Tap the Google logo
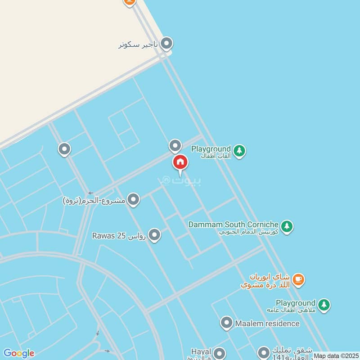(18, 353)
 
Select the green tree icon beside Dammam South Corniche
(287, 226)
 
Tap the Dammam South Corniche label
(234, 224)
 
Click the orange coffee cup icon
(298, 280)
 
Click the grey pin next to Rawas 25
(154, 235)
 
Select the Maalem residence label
(267, 323)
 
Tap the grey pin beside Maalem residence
(226, 322)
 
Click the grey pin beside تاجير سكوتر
(166, 43)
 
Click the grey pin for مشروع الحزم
(133, 199)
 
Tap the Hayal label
(201, 351)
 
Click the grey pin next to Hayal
(219, 353)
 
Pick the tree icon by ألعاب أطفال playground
(239, 151)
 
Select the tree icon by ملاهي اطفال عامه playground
(324, 305)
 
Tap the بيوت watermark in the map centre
(179, 180)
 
